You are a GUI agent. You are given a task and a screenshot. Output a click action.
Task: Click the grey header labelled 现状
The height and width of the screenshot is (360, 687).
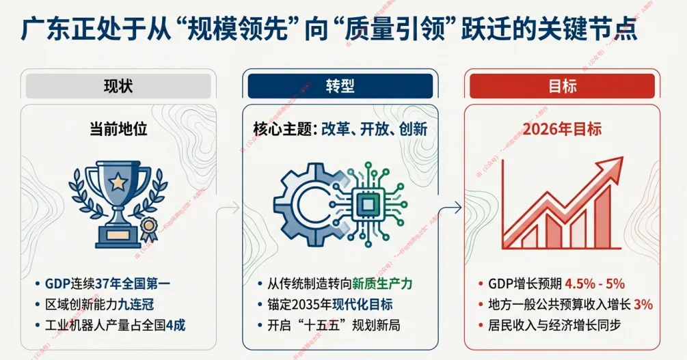(x=118, y=86)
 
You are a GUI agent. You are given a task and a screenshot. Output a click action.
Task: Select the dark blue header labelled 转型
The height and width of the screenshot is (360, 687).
(x=338, y=86)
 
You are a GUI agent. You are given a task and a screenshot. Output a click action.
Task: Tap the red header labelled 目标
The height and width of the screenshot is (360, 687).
(x=562, y=86)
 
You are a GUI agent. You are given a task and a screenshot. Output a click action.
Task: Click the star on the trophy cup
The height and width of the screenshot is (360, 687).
(x=118, y=182)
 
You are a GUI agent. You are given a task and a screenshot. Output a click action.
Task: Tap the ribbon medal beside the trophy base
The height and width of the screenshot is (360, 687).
(x=149, y=226)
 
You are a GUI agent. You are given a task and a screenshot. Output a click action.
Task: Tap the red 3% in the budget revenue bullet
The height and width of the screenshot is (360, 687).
(x=643, y=305)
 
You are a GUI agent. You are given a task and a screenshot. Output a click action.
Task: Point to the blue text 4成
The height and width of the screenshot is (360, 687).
(x=175, y=326)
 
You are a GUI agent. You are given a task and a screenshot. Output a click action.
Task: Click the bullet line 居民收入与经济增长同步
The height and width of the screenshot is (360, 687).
(x=554, y=326)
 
